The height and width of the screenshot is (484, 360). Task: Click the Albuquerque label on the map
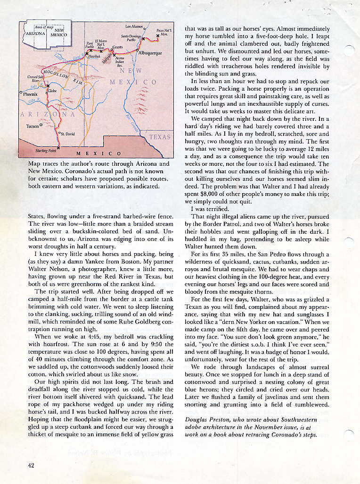click(x=150, y=53)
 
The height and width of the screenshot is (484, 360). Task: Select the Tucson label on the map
click(x=33, y=126)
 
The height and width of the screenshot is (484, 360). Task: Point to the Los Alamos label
click(x=134, y=26)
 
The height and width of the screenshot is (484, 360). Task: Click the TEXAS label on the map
click(x=160, y=136)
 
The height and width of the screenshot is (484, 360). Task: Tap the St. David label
click(x=68, y=135)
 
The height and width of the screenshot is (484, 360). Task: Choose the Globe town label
click(x=52, y=90)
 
